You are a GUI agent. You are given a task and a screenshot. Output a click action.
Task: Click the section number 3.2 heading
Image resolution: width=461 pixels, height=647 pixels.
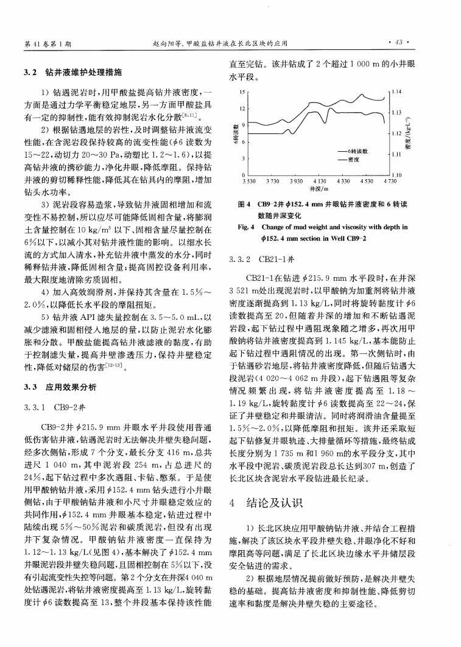click(x=31, y=73)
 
